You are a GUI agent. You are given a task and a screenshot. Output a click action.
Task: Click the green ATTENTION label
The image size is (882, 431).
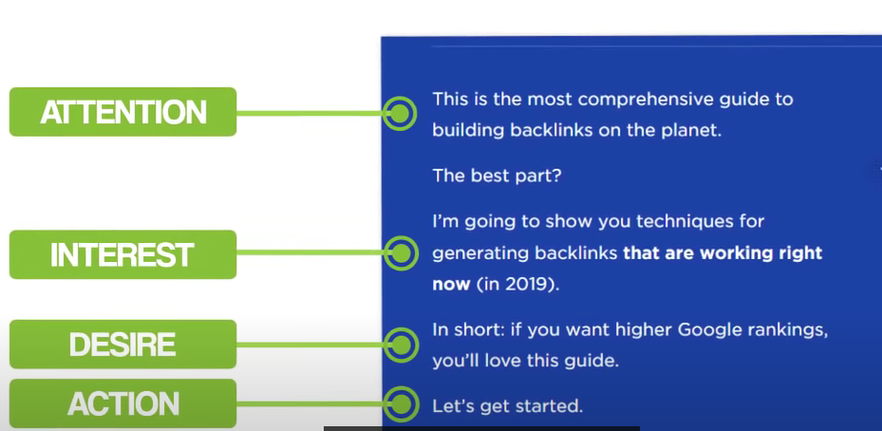pyautogui.click(x=122, y=112)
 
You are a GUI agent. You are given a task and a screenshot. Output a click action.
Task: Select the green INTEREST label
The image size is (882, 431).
pyautogui.click(x=122, y=254)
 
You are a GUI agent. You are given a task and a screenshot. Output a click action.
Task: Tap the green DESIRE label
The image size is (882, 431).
pyautogui.click(x=122, y=344)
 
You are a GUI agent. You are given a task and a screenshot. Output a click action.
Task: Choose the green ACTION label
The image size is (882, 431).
pyautogui.click(x=122, y=403)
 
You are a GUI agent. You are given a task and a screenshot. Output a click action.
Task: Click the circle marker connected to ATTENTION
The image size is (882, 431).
pyautogui.click(x=400, y=113)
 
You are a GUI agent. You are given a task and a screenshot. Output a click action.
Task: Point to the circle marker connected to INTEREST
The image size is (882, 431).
pyautogui.click(x=400, y=253)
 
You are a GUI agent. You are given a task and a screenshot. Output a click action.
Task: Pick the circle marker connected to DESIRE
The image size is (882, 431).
pyautogui.click(x=400, y=345)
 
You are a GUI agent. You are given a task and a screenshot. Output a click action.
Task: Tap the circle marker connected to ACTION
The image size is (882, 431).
pyautogui.click(x=400, y=404)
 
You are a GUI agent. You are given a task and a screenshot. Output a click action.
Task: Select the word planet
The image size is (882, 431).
pyautogui.click(x=688, y=131)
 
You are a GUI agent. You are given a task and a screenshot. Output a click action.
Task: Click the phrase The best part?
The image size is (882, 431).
pyautogui.click(x=497, y=177)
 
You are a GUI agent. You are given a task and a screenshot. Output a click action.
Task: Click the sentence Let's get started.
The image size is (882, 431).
pyautogui.click(x=507, y=406)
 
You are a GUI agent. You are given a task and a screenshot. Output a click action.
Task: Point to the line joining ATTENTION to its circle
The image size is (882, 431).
pyautogui.click(x=310, y=113)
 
